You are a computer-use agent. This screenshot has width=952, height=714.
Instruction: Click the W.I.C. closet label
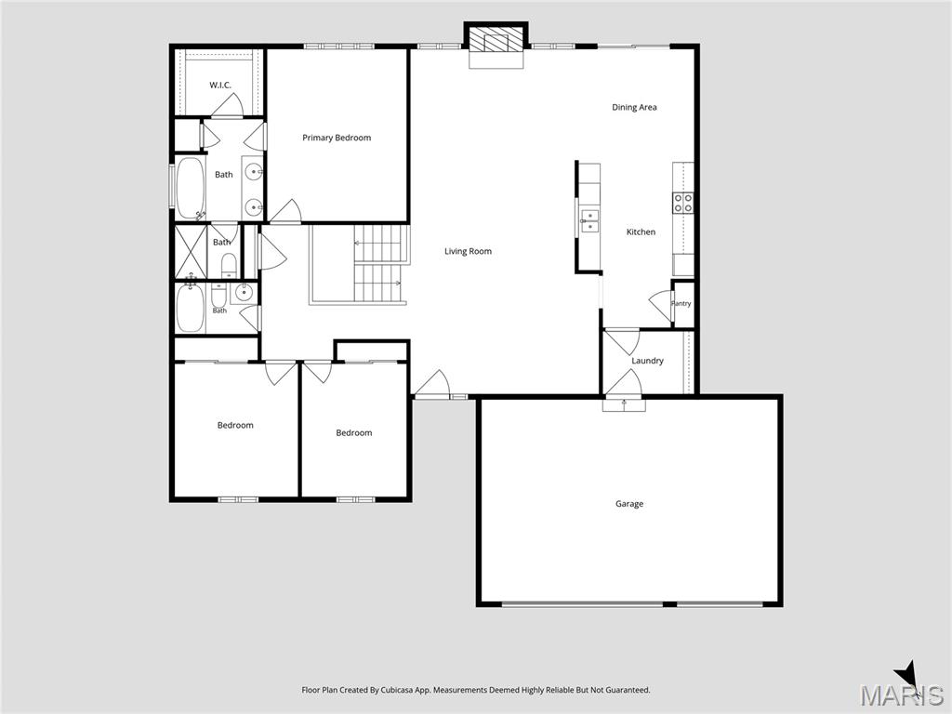pyautogui.click(x=220, y=85)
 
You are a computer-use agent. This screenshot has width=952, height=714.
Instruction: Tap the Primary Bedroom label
pyautogui.click(x=337, y=138)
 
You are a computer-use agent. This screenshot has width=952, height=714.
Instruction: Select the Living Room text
pyautogui.click(x=469, y=251)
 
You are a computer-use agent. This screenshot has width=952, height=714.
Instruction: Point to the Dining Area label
pyautogui.click(x=634, y=108)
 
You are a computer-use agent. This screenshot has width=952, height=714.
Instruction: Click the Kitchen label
pyautogui.click(x=641, y=231)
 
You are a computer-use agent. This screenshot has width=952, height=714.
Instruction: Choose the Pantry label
pyautogui.click(x=681, y=304)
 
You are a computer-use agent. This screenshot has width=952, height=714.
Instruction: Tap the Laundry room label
pyautogui.click(x=647, y=361)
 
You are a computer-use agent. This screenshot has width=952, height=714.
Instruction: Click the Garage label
pyautogui.click(x=629, y=504)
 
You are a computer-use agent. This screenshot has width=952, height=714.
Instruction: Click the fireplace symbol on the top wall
pyautogui.click(x=496, y=41)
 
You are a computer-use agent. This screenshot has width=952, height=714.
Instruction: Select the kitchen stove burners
pyautogui.click(x=683, y=203)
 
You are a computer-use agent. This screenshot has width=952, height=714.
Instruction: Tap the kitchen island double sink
pyautogui.click(x=589, y=221)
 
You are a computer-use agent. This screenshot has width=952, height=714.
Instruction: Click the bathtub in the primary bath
pyautogui.click(x=190, y=188)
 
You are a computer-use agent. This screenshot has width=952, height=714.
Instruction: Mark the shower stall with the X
pyautogui.click(x=192, y=251)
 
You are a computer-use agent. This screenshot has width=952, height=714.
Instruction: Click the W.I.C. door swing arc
pyautogui.click(x=227, y=108)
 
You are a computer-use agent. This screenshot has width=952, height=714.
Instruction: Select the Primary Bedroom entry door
pyautogui.click(x=285, y=211)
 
